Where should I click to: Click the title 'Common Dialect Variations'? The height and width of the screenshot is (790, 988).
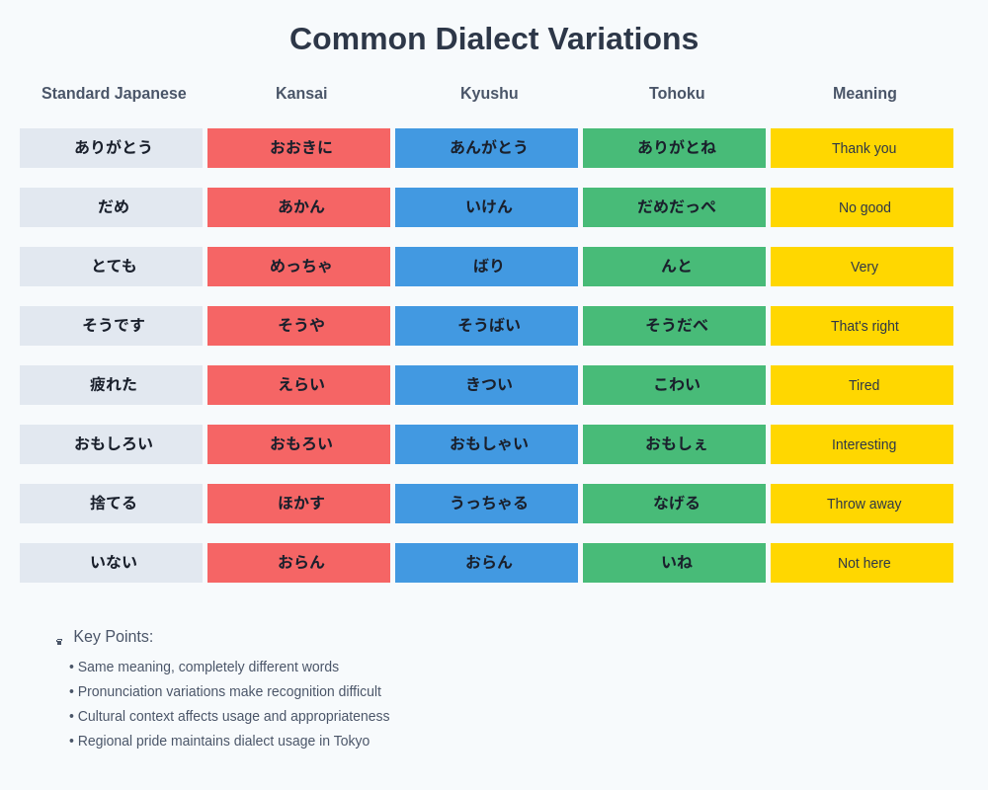pos(494,39)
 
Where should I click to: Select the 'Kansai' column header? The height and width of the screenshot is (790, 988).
pos(301,94)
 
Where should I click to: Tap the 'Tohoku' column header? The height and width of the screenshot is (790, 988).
pos(677,94)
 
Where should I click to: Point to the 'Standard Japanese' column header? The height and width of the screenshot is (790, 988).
pos(114,94)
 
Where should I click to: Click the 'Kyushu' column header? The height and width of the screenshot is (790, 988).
pos(489,94)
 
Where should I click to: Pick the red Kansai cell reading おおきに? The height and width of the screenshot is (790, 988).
pos(298,148)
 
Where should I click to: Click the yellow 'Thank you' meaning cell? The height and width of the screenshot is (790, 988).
pos(862,148)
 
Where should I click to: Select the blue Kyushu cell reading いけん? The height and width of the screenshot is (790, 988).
pos(486,207)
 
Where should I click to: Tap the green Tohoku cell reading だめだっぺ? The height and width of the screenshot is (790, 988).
pos(674,207)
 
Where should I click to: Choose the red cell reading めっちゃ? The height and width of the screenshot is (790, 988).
pos(298,267)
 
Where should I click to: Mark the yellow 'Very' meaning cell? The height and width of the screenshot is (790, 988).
pos(862,267)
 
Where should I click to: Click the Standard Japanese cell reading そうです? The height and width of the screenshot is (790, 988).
pos(111,326)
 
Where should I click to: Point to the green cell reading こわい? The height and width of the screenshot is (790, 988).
pos(674,385)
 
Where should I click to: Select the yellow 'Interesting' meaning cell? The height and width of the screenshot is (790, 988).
pos(862,444)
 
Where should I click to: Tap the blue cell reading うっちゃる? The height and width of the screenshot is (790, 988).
pos(486,504)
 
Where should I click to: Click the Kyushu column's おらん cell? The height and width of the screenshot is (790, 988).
pos(486,563)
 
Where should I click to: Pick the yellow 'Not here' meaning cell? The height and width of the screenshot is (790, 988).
pos(862,563)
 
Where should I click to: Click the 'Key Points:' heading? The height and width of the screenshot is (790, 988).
pos(113,637)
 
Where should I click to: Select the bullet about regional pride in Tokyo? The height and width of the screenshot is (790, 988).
pos(223,741)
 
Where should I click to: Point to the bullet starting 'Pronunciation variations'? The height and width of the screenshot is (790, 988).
pos(229,691)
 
